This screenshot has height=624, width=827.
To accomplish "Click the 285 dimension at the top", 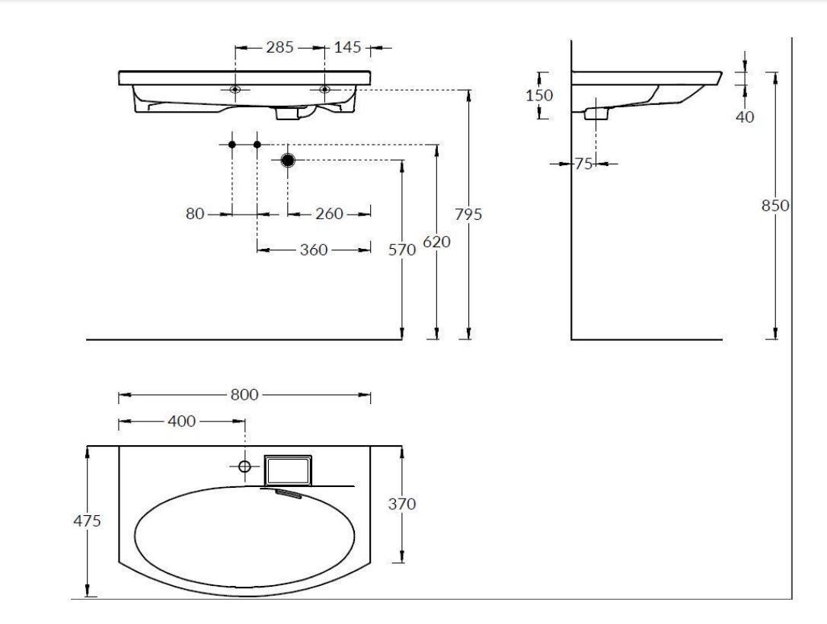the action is [279, 47].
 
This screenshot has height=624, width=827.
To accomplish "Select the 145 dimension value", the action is [347, 47].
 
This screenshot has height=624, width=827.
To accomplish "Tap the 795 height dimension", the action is [468, 215].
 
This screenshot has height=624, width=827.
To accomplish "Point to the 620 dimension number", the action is [436, 242].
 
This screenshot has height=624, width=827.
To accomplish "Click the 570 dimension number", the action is [402, 250].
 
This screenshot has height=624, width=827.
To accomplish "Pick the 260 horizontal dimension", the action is [329, 214].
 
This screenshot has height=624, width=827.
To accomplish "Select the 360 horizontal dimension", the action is [314, 250].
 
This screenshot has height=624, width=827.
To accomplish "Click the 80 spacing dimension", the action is [195, 214].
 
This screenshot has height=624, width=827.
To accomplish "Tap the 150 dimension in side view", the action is [539, 95].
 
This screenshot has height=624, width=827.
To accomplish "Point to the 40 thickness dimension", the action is [745, 117].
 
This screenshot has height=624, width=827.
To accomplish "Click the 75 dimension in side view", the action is [583, 164].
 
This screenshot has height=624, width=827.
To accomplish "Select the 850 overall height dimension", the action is [774, 205].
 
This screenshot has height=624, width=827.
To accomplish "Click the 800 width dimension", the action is [244, 395].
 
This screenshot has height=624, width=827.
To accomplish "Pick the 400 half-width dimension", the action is [181, 421].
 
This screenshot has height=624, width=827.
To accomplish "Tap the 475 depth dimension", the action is [87, 521].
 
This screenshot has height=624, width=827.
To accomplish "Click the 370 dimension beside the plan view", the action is [402, 505].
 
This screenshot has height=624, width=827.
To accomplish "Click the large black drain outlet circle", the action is [287, 160].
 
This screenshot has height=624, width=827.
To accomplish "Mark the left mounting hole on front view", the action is [235, 90].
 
